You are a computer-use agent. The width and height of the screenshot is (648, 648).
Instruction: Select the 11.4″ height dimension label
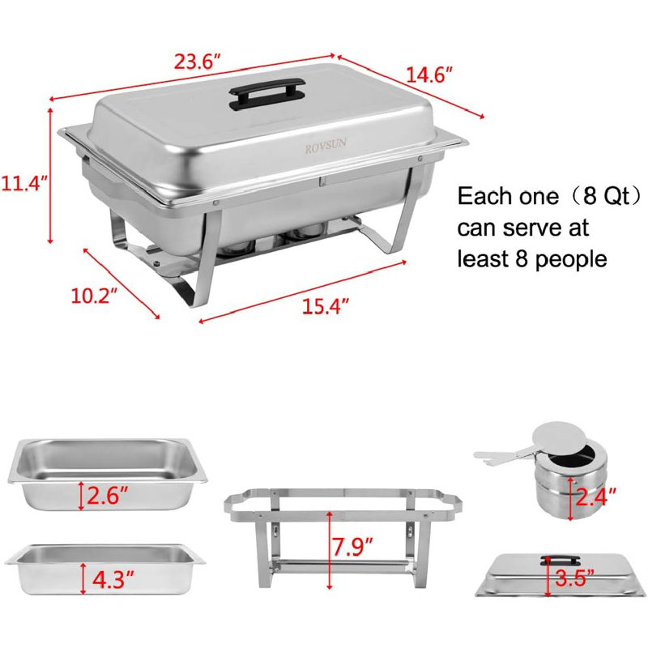click(23, 182)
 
